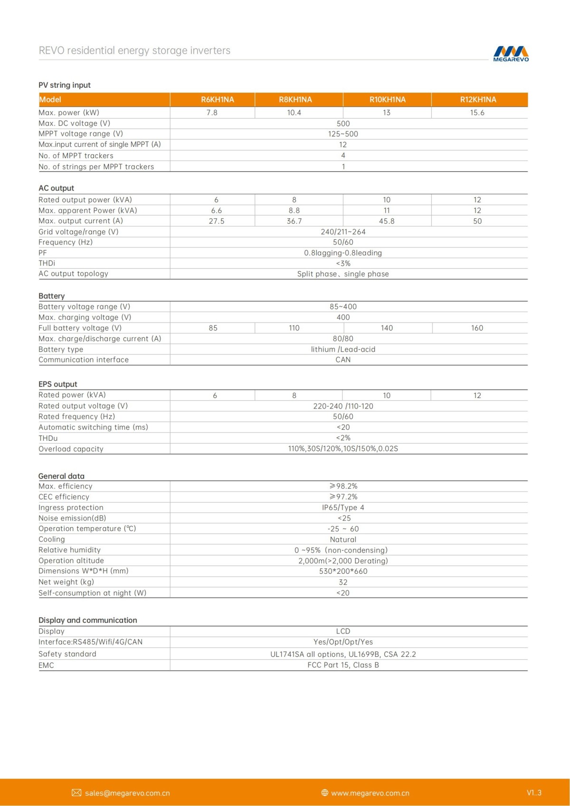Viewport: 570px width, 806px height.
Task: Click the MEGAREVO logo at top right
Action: pos(511,54)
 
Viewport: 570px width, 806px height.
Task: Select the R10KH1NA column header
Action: pos(387,100)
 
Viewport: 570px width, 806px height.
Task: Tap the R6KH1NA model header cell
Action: pos(217,100)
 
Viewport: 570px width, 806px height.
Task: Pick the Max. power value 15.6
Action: pos(477,113)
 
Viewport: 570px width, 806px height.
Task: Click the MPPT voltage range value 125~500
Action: pos(343,134)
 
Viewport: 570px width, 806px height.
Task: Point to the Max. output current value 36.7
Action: pos(294,221)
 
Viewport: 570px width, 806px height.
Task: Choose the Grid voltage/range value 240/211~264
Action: pos(343,232)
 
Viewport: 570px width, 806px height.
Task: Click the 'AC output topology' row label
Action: pos(73,274)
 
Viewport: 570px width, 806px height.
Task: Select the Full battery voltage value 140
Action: pos(387,328)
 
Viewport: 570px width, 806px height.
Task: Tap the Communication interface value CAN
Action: pos(343,360)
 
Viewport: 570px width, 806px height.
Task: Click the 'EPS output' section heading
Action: pos(57,384)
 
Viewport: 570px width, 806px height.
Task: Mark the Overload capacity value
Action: pos(343,449)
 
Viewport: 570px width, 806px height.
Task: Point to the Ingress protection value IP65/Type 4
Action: pos(343,508)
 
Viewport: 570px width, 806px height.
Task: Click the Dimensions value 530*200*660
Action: pos(343,571)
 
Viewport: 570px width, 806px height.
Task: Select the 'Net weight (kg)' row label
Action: pos(66,582)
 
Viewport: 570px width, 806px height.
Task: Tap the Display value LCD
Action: pos(343,631)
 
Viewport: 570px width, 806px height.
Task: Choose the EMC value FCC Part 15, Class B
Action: pos(343,665)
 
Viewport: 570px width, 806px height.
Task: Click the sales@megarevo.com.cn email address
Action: pos(127,793)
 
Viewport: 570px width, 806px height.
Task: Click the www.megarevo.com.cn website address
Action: pos(370,793)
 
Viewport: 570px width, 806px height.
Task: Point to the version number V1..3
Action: pos(534,793)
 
